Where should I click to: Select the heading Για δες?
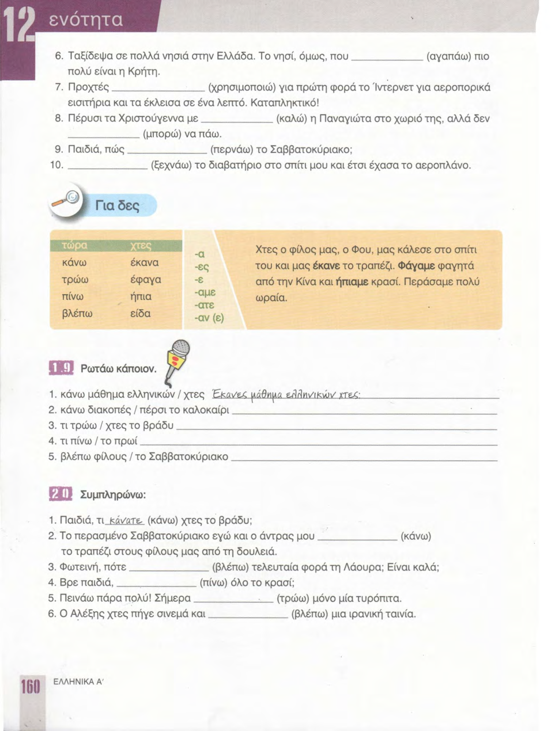coord(117,206)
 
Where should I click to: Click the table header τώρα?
coord(75,245)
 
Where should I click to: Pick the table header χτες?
coord(141,245)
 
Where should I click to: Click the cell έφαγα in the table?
coord(146,280)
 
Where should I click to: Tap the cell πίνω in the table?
coord(75,297)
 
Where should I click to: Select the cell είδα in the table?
coord(140,313)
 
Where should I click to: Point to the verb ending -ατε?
coord(204,305)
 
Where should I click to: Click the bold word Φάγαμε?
coord(417,266)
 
